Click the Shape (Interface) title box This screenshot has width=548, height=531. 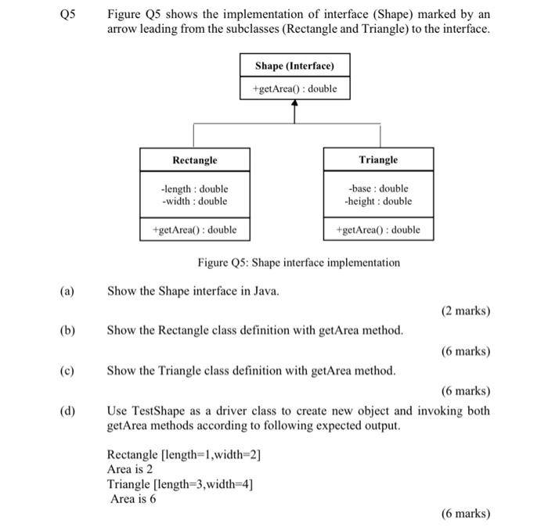coord(294,65)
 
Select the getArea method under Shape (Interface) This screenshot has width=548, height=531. coord(294,88)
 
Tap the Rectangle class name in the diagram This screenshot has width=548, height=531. coord(194,160)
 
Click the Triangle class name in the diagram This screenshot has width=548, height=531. coord(378,160)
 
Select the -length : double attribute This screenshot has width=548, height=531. coord(194,188)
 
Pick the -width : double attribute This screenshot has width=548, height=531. coord(194,201)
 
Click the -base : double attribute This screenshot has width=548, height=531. coord(378,188)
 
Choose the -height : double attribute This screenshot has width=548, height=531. coord(378,201)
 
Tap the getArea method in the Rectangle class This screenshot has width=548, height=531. coord(194,229)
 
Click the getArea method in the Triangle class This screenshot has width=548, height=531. coord(378,229)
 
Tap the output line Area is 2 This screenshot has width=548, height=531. coord(130,469)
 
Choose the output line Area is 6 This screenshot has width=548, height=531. coord(133,498)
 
